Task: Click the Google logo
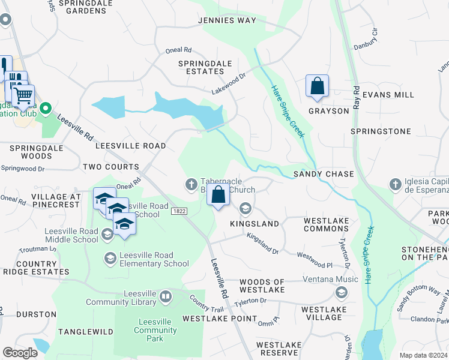click(x=20, y=353)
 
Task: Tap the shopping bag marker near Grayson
click(x=317, y=86)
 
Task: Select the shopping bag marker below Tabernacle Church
click(x=218, y=195)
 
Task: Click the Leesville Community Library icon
click(x=165, y=296)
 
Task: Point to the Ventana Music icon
click(x=342, y=292)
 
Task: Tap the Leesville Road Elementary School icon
click(x=110, y=259)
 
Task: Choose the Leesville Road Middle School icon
click(x=107, y=235)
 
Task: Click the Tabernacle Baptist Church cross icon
click(x=191, y=183)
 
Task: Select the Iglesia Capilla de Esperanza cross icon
click(x=395, y=184)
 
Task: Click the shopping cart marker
click(x=23, y=95)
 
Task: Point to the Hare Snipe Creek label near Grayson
click(x=288, y=110)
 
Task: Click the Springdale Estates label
click(x=201, y=67)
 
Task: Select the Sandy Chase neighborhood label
click(x=323, y=174)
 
